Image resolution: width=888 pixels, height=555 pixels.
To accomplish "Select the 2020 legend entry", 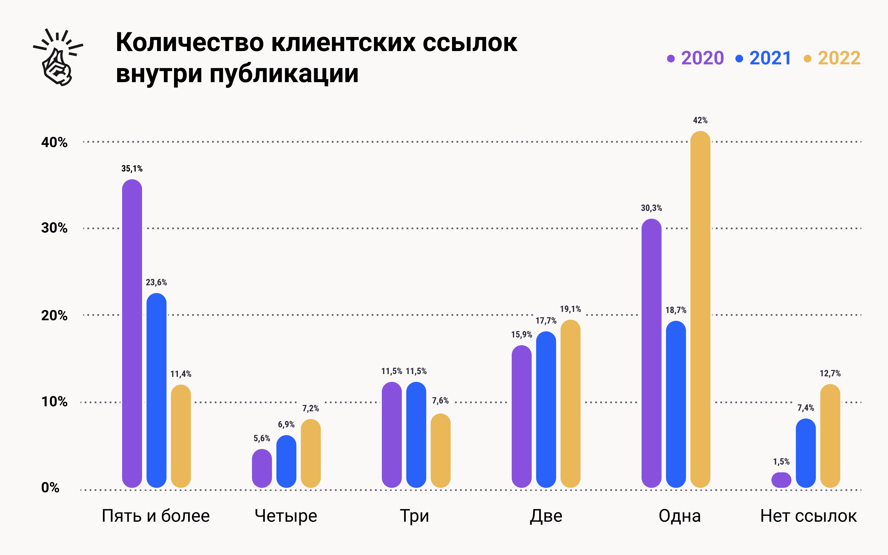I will tap(695, 58).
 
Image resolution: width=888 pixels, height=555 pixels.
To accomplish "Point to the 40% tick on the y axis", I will tap(54, 142).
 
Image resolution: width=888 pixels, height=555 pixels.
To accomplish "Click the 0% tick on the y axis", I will tap(50, 488).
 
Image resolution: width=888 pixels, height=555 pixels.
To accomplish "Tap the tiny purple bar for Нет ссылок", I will tap(781, 480).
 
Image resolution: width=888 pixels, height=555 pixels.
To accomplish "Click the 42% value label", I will tap(700, 120).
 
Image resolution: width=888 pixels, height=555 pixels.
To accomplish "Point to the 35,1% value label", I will tap(132, 169).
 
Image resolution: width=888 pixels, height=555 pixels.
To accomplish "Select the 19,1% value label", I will tap(570, 309).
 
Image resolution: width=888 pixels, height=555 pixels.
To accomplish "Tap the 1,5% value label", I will tap(781, 461).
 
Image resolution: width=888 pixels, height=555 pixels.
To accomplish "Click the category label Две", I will tap(546, 516).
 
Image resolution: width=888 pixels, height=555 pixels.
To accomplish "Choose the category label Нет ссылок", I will tap(808, 516).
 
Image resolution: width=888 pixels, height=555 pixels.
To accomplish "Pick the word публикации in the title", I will tap(284, 74).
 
